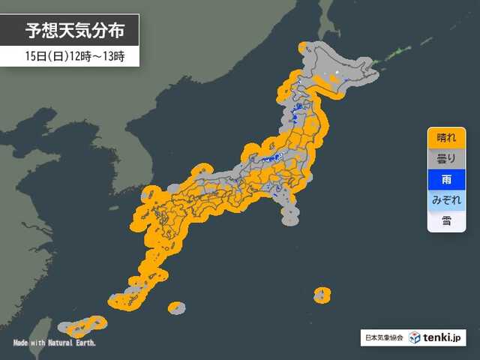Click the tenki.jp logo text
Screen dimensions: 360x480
pyautogui.click(x=442, y=337)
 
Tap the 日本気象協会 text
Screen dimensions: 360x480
pyautogui.click(x=382, y=337)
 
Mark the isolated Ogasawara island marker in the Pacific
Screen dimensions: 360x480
pyautogui.click(x=322, y=294)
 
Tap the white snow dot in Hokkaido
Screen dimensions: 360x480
pyautogui.click(x=337, y=73)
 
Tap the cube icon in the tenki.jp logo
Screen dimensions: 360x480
pyautogui.click(x=414, y=337)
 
